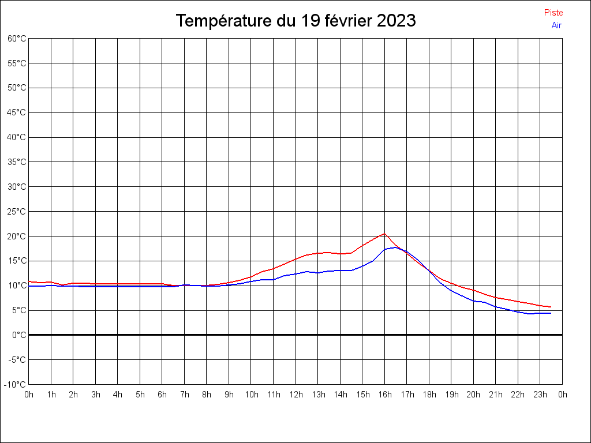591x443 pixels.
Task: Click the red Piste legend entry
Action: (x=553, y=13)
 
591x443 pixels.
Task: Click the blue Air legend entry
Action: (x=556, y=25)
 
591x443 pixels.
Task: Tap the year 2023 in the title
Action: (x=396, y=21)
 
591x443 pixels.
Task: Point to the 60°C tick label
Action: (x=17, y=38)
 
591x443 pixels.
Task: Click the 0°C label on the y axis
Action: (x=19, y=335)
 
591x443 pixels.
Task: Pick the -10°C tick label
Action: (x=16, y=384)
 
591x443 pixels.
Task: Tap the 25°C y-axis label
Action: (x=17, y=211)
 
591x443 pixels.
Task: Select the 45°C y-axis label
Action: (x=17, y=112)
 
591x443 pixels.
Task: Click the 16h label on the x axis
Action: (x=385, y=395)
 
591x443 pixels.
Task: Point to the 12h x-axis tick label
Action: (x=296, y=395)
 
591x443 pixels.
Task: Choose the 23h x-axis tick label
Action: (x=540, y=395)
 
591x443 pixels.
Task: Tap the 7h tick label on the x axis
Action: (x=185, y=395)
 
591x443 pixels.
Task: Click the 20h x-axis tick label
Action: (x=474, y=395)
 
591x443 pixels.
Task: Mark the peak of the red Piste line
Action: (x=384, y=234)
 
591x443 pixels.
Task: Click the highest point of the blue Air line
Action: (x=396, y=247)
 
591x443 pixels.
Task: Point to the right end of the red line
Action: (x=551, y=307)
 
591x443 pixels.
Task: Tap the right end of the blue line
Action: (x=551, y=313)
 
